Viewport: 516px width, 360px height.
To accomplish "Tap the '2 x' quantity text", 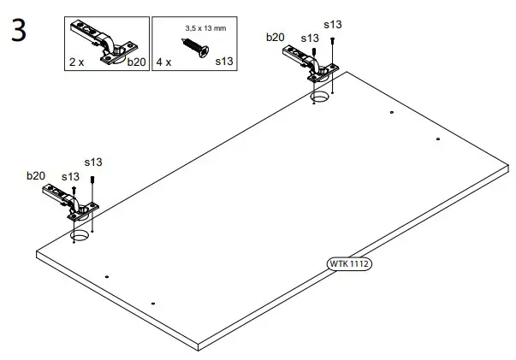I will point(78,62).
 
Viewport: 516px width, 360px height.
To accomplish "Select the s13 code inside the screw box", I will point(223,62).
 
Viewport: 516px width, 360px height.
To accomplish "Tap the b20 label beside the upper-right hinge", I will point(275,37).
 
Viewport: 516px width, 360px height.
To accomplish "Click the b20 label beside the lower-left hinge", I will point(35,175).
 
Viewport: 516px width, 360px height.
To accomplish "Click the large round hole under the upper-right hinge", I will point(320,99).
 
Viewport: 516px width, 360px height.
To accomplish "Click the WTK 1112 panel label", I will point(350,263).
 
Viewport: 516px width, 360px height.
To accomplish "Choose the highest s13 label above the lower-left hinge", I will point(92,162).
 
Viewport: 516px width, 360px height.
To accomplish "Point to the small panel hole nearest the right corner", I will point(437,139).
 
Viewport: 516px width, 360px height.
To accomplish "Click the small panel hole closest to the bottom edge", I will point(152,303).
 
